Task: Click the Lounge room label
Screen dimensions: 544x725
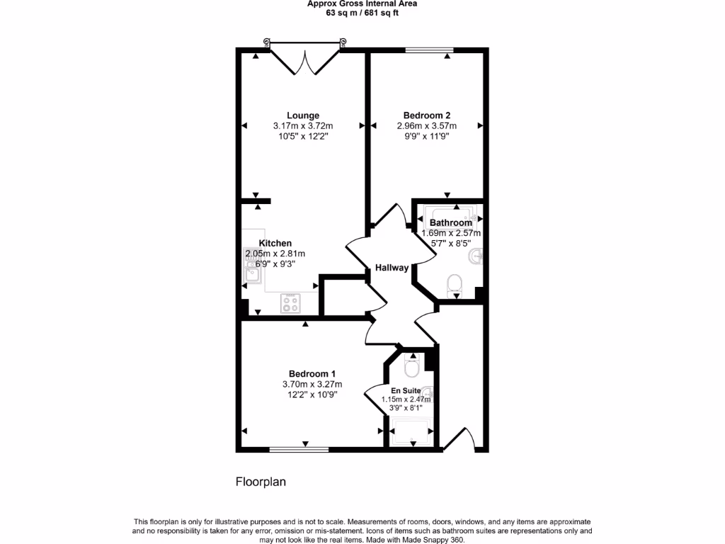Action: click(x=302, y=115)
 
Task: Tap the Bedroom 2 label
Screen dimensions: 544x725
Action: click(x=426, y=115)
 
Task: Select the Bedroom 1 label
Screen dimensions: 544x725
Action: click(x=312, y=374)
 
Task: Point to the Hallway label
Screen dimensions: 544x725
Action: click(x=392, y=268)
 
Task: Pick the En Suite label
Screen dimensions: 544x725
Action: click(x=406, y=390)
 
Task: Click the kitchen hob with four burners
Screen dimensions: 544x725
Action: click(x=290, y=303)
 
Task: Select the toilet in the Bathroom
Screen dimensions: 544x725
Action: click(x=454, y=285)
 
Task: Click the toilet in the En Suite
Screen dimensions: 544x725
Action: click(x=411, y=367)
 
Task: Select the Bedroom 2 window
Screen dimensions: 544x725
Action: click(x=429, y=50)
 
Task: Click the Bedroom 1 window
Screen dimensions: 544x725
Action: click(x=298, y=448)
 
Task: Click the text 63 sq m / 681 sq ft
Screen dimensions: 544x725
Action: click(x=362, y=13)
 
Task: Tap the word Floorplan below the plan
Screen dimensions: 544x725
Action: click(x=260, y=482)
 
